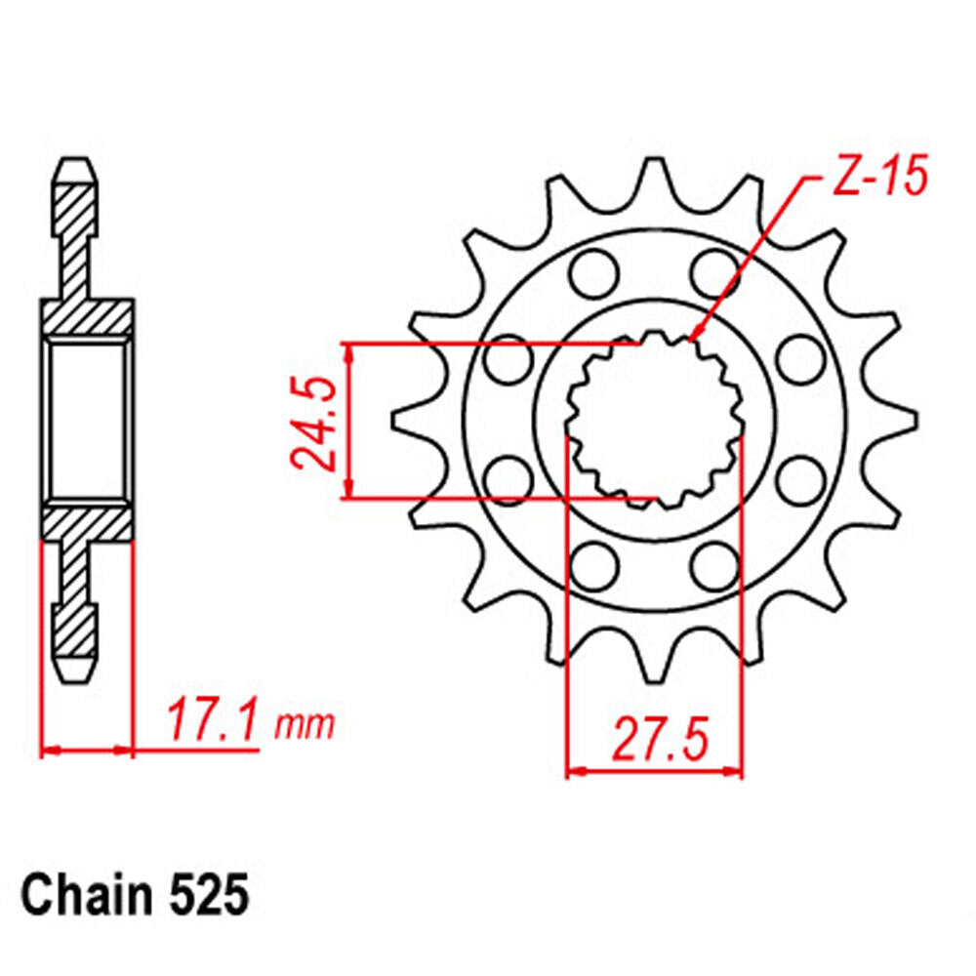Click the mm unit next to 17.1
point(305,724)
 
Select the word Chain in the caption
point(81,894)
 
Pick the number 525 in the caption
point(206,894)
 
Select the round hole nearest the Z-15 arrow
point(715,270)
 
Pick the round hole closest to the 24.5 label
point(508,362)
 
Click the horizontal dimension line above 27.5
point(655,771)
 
